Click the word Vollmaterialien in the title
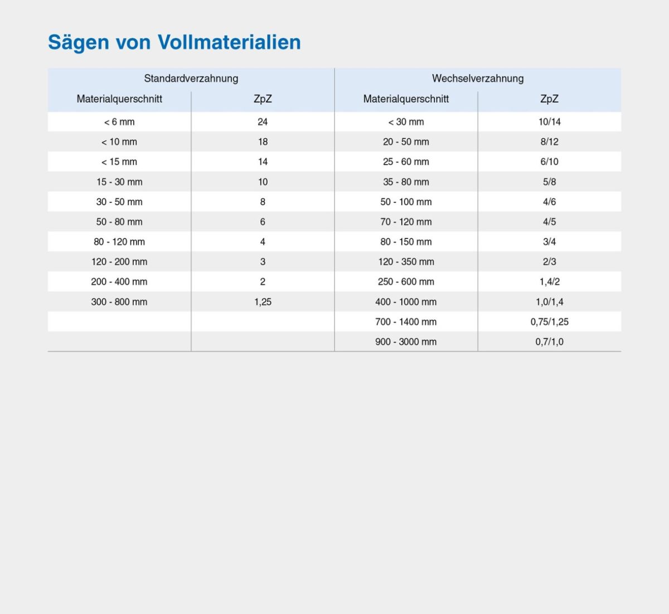point(229,42)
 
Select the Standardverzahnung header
point(191,79)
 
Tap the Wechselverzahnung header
point(478,79)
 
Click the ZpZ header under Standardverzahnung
point(263,99)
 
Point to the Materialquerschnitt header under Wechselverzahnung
point(406,99)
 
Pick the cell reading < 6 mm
point(119,122)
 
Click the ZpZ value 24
point(263,122)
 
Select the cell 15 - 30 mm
point(119,182)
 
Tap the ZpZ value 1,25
point(263,302)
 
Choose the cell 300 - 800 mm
point(119,302)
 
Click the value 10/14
point(549,122)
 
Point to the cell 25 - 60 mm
point(406,162)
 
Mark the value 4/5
point(549,222)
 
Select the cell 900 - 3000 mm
point(406,342)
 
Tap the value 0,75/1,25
point(549,322)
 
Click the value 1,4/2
point(549,282)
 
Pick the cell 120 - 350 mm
point(406,262)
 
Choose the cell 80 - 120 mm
point(119,242)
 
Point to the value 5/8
point(549,182)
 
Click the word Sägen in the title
point(79,42)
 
